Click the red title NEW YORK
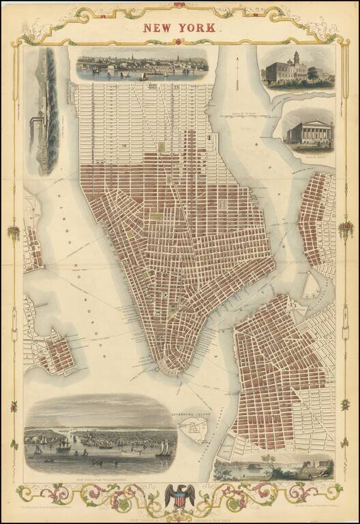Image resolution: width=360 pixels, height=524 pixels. click(180, 27)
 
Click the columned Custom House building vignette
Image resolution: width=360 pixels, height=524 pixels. click(308, 129)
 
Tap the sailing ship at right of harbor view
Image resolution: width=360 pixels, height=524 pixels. click(164, 448)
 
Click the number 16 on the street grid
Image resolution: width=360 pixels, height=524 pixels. click(125, 145)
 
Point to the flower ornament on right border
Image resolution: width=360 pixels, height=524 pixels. click(346, 229)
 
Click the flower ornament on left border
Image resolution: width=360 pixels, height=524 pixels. click(13, 232)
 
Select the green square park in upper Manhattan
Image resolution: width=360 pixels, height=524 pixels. click(162, 147)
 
